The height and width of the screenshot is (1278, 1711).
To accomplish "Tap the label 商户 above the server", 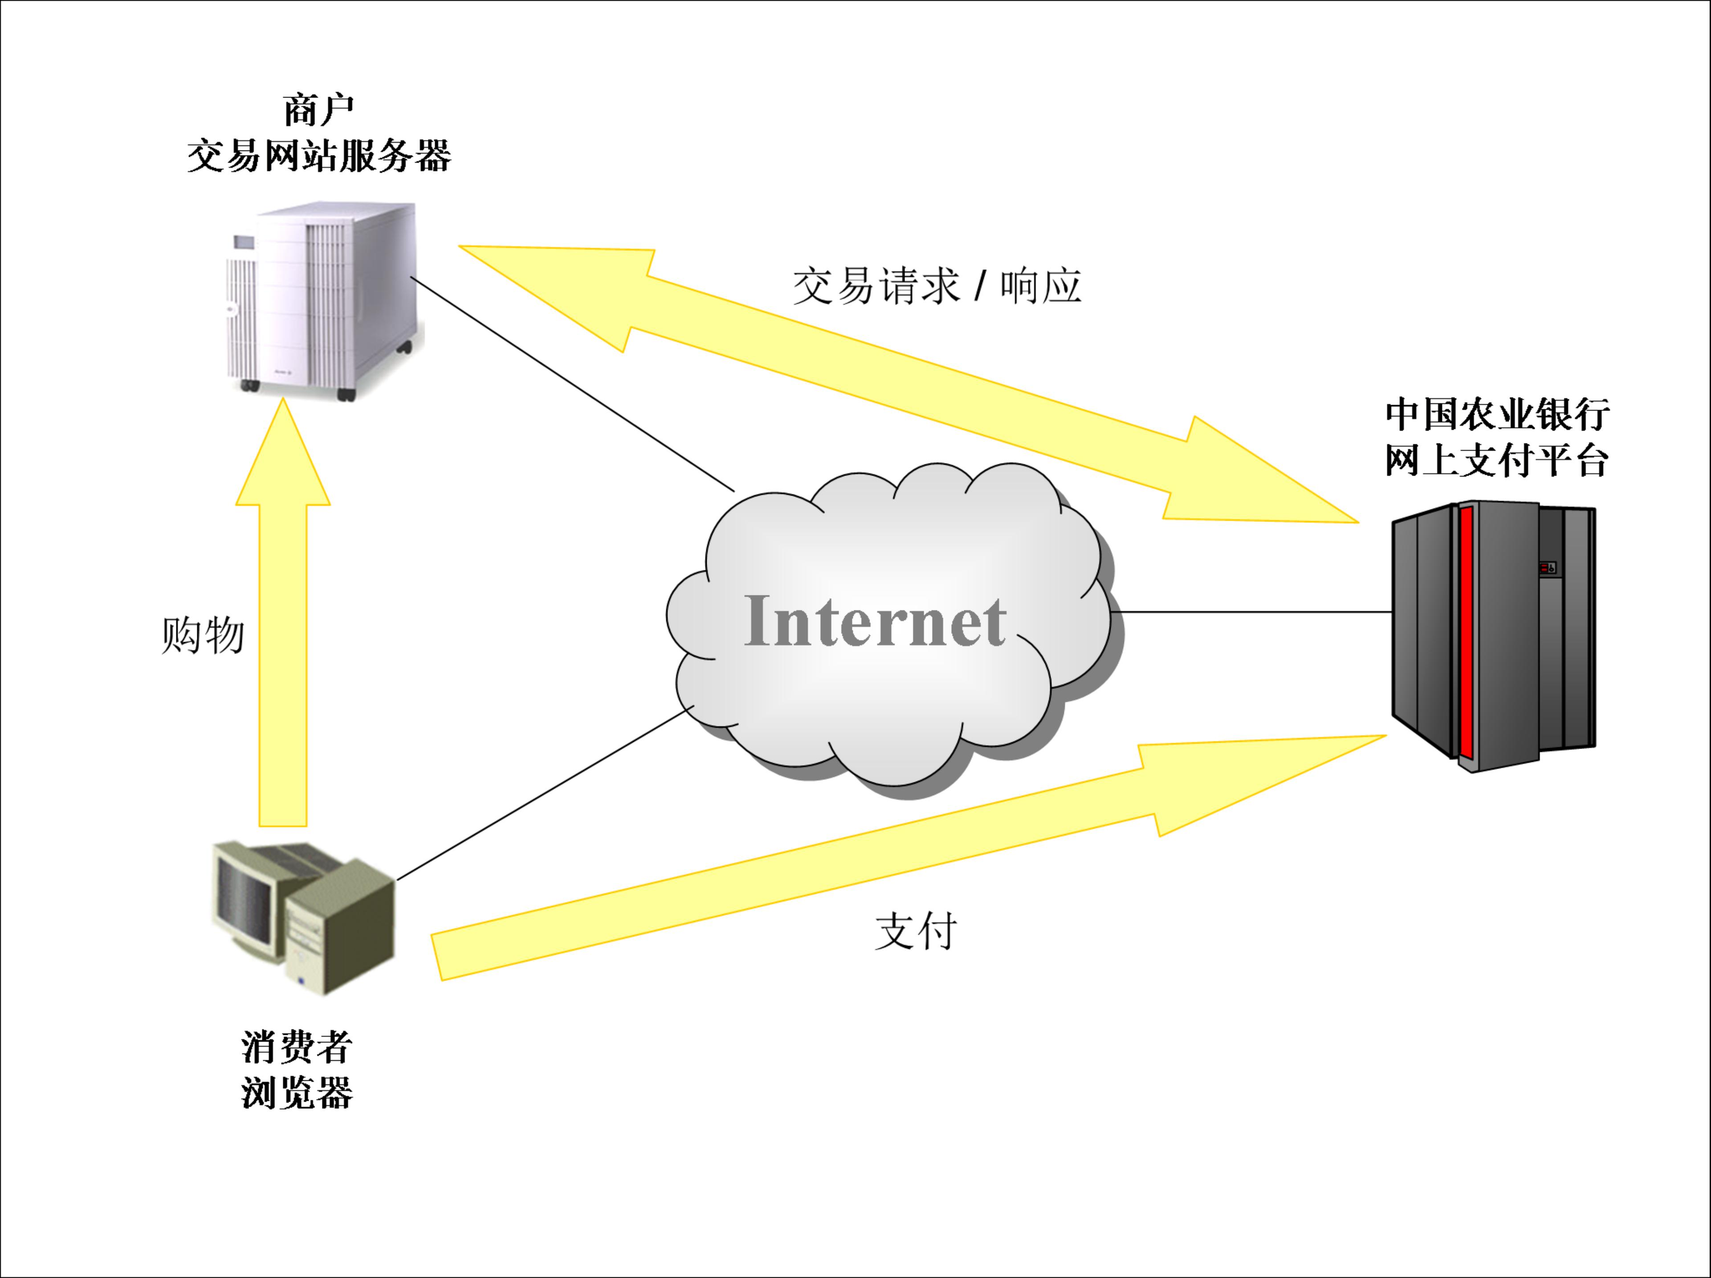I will tap(318, 111).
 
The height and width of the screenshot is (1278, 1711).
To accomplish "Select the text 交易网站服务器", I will tap(319, 156).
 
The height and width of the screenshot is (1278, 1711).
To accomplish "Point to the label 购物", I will tap(203, 636).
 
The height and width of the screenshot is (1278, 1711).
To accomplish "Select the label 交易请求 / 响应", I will tap(936, 286).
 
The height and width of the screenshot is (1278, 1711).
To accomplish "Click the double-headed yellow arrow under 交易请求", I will tap(905, 383).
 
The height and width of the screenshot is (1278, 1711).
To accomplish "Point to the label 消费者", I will tap(297, 1048).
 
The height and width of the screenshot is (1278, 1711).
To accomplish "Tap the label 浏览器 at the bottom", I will tap(297, 1093).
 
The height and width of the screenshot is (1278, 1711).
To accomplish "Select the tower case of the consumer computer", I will tap(341, 928).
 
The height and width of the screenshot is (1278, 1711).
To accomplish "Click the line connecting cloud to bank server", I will tap(1253, 612).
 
